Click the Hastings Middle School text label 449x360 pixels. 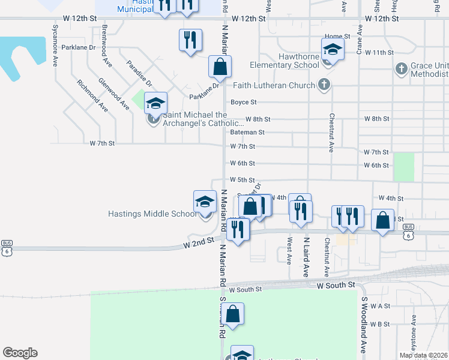(x=152, y=213)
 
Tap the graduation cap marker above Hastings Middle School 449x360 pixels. (x=204, y=202)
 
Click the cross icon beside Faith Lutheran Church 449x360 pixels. (x=324, y=85)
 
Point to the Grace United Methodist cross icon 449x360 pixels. (x=402, y=69)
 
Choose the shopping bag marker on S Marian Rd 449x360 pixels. (x=233, y=314)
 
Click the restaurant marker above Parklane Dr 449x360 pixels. (x=190, y=40)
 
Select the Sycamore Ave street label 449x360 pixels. (x=55, y=35)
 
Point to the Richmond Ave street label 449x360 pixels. (x=92, y=96)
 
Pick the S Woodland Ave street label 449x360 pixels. (x=364, y=325)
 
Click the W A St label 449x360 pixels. (x=380, y=306)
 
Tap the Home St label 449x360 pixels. (x=337, y=37)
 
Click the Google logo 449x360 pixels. (x=20, y=353)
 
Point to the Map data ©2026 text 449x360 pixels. (x=423, y=355)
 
